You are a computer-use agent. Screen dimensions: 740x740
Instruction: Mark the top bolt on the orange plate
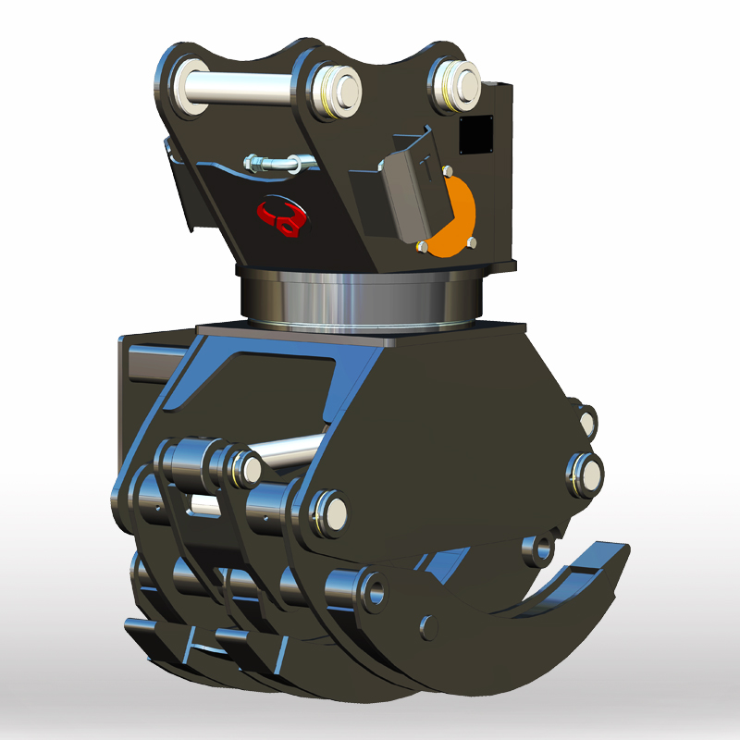pos(448,172)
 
